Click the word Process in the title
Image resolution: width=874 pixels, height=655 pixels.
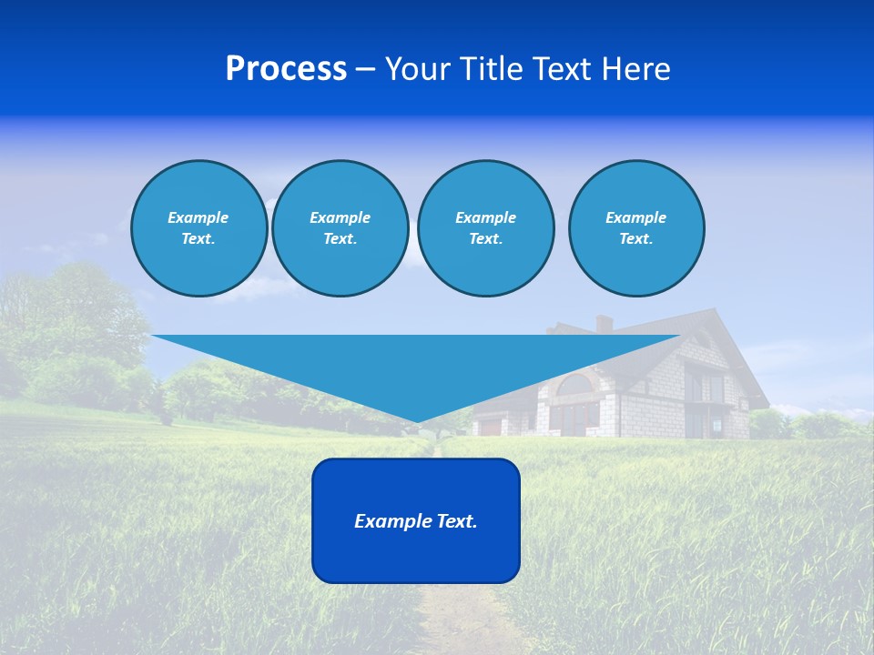pos(286,69)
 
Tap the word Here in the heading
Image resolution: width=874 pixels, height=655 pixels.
pos(636,69)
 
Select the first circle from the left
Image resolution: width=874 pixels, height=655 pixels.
pos(198,228)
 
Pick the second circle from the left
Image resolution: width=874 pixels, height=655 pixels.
pos(340,228)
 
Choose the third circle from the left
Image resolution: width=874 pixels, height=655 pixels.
pos(485,228)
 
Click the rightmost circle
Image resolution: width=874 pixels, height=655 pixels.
pos(635,228)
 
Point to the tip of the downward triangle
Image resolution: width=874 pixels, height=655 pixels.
pos(417,421)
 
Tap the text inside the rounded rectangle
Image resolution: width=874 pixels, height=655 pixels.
pos(415,521)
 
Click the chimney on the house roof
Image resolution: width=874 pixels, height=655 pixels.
pos(604,324)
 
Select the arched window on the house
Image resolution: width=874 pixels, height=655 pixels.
pos(574,386)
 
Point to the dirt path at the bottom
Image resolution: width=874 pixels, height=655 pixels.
pos(455,619)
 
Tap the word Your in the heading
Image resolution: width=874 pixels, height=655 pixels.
pos(416,69)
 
